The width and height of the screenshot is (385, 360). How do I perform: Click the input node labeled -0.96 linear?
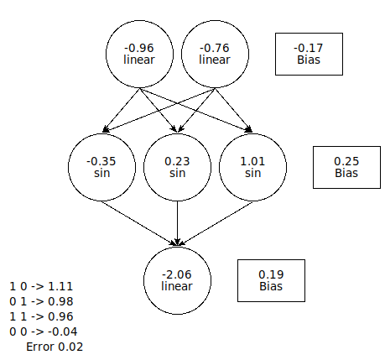click(x=139, y=54)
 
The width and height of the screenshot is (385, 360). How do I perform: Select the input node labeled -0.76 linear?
click(x=215, y=54)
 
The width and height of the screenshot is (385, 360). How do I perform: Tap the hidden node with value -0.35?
click(x=101, y=167)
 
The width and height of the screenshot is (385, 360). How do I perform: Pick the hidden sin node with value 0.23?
click(x=177, y=167)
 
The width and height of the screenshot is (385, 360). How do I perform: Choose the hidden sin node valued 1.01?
click(x=252, y=167)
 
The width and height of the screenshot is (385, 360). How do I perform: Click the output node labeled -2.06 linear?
click(x=177, y=280)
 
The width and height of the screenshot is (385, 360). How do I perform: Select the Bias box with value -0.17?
click(x=309, y=54)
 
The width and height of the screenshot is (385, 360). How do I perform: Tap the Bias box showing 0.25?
click(x=346, y=167)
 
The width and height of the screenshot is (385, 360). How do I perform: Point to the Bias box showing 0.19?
click(x=271, y=280)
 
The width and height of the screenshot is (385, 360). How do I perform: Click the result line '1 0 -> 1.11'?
click(x=41, y=286)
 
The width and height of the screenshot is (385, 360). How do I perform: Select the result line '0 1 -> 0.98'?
click(x=41, y=301)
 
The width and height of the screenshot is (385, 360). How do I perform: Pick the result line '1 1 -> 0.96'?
click(x=41, y=316)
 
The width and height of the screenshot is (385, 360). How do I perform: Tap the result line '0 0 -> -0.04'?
click(x=44, y=331)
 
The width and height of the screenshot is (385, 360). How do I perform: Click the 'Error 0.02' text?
click(x=55, y=347)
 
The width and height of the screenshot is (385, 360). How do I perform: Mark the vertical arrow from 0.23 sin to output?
click(x=177, y=223)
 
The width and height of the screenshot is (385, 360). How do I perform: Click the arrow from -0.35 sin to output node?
click(x=139, y=223)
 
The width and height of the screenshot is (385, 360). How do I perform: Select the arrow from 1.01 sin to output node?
click(x=215, y=223)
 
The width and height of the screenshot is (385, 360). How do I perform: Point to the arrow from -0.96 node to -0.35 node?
click(x=121, y=110)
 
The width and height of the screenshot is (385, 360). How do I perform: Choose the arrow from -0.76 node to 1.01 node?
click(x=234, y=110)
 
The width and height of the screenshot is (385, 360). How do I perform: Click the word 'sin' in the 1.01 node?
click(x=252, y=173)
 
